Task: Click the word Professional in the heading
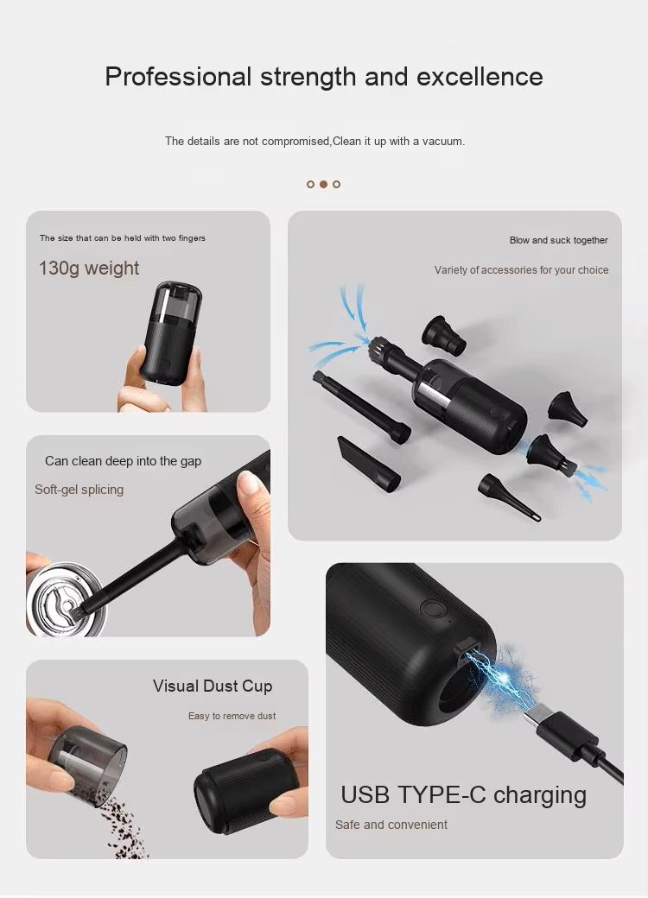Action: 178,77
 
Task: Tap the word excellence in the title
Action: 480,77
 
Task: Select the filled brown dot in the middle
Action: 323,184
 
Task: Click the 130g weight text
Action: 89,268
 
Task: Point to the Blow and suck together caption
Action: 559,240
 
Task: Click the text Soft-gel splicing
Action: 79,489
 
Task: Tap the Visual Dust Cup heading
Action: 213,686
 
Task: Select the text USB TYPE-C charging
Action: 463,795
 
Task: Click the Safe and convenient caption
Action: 391,825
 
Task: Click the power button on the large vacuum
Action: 432,608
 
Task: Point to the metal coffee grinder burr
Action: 64,599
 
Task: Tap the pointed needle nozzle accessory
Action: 510,496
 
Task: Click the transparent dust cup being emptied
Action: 86,759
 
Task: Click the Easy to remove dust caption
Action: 232,716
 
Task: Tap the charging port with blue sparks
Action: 467,650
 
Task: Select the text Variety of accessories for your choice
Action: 521,269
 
